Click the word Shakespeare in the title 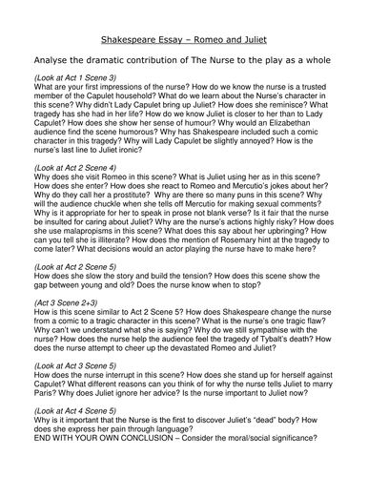(x=138, y=14)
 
